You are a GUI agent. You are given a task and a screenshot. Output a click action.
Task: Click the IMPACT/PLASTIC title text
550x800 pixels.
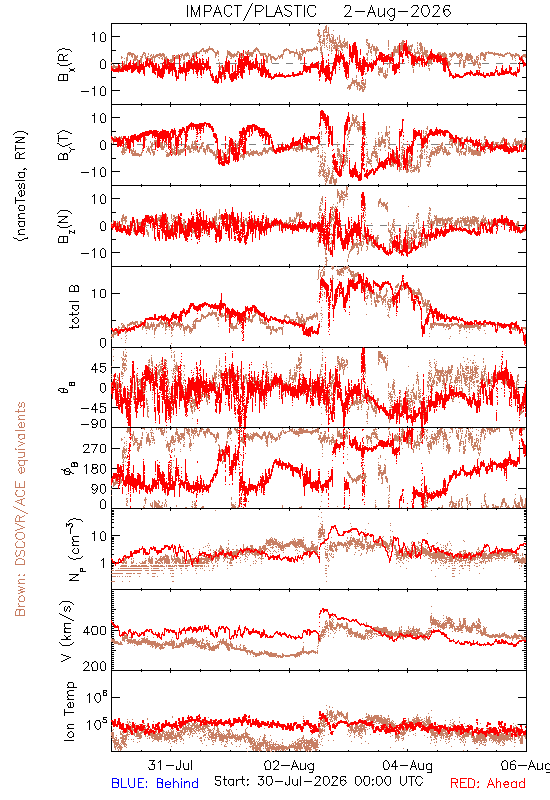pyautogui.click(x=251, y=11)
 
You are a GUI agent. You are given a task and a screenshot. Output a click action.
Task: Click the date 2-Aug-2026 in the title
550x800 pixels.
pyautogui.click(x=397, y=11)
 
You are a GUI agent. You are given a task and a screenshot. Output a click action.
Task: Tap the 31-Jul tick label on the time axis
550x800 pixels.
pyautogui.click(x=170, y=765)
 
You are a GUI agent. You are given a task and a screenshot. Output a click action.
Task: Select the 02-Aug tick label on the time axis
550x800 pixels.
pyautogui.click(x=289, y=765)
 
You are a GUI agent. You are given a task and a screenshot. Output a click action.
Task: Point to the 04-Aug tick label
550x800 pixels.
pyautogui.click(x=408, y=765)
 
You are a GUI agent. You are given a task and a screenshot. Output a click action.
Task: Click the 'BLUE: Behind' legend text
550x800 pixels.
pyautogui.click(x=155, y=783)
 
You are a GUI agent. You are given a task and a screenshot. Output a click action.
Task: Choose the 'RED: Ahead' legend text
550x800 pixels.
pyautogui.click(x=488, y=783)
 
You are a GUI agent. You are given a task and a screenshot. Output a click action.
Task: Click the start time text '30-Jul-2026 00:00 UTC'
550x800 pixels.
pyautogui.click(x=340, y=781)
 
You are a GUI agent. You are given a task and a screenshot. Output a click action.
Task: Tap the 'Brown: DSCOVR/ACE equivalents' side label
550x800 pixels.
pyautogui.click(x=20, y=509)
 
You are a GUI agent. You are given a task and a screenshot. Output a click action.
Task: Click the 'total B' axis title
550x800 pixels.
pyautogui.click(x=74, y=307)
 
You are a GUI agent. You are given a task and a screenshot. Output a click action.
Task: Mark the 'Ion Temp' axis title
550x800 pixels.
pyautogui.click(x=69, y=711)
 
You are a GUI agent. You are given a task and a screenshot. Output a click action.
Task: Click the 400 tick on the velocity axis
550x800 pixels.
pyautogui.click(x=94, y=631)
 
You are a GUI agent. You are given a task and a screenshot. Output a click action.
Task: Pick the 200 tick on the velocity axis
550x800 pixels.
pyautogui.click(x=94, y=666)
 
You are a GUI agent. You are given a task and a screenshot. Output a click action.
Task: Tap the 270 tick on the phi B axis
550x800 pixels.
pyautogui.click(x=94, y=448)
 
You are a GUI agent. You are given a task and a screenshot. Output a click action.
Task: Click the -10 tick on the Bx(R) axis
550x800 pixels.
pyautogui.click(x=93, y=91)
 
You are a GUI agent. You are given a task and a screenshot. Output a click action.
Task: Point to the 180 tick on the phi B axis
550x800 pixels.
pyautogui.click(x=94, y=469)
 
